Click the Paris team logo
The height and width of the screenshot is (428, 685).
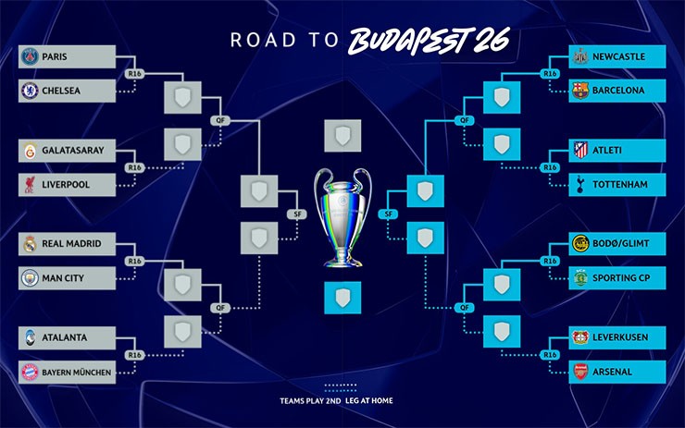click(29, 57)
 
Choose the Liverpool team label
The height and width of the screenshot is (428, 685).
click(66, 185)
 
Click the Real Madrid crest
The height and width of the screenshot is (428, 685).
click(29, 244)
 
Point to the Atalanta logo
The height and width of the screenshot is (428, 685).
click(29, 338)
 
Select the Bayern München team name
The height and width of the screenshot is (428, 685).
click(77, 372)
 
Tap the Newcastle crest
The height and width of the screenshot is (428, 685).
click(580, 57)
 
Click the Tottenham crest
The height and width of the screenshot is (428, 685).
click(580, 185)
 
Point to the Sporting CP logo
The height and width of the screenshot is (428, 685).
click(580, 277)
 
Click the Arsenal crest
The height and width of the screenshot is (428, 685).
click(580, 372)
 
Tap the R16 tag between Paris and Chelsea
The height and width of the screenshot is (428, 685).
click(135, 74)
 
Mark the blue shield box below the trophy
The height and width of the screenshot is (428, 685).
click(342, 298)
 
